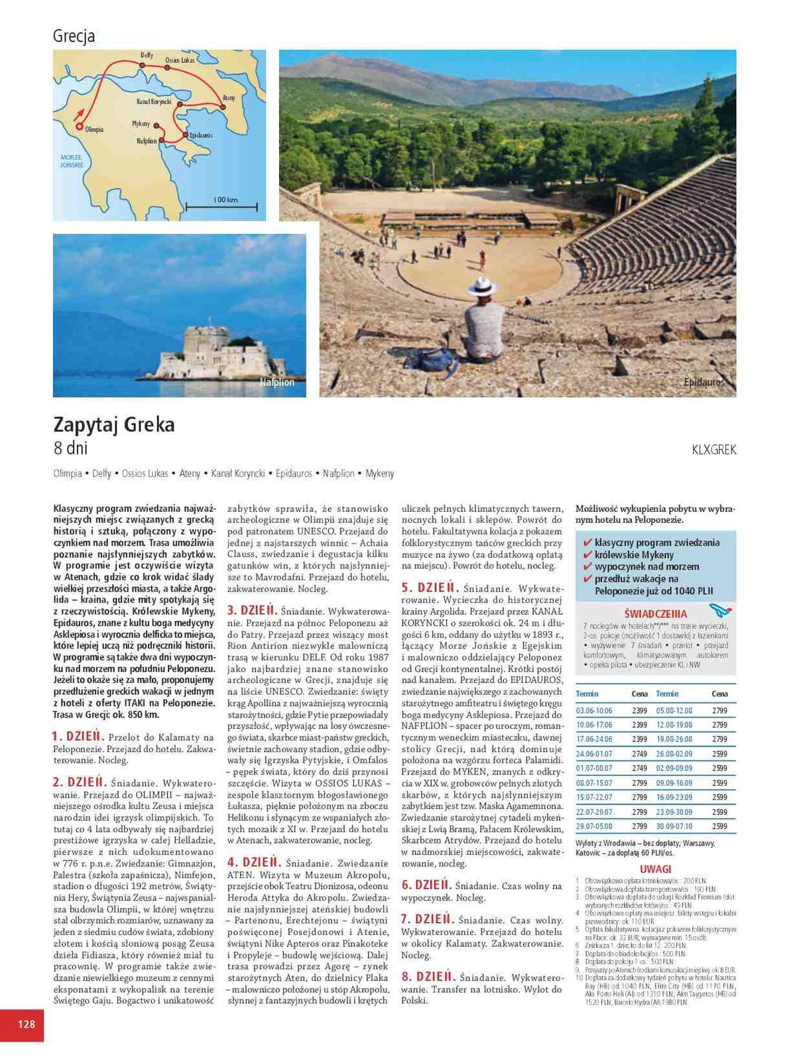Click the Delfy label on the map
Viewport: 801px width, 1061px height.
click(x=147, y=56)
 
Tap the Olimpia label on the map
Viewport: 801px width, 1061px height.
click(x=94, y=129)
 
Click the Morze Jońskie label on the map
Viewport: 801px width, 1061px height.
click(x=72, y=161)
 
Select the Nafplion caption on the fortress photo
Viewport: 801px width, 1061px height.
click(x=277, y=383)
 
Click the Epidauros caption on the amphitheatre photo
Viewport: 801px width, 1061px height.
click(x=704, y=383)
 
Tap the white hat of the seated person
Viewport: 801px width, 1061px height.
click(x=481, y=285)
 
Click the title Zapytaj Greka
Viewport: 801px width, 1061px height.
click(x=114, y=424)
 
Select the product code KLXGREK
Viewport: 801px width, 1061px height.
click(x=713, y=450)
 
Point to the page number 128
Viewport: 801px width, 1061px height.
click(x=26, y=1025)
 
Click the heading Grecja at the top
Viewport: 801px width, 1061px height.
click(x=74, y=36)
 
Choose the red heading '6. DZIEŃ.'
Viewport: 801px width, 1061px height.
click(x=426, y=885)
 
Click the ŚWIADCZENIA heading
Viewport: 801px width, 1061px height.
click(x=656, y=614)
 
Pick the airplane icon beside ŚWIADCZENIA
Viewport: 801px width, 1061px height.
click(x=719, y=609)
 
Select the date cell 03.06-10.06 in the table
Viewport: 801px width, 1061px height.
click(x=594, y=710)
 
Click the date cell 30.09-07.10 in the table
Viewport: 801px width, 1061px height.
click(x=674, y=826)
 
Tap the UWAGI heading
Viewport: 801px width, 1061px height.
click(x=656, y=869)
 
